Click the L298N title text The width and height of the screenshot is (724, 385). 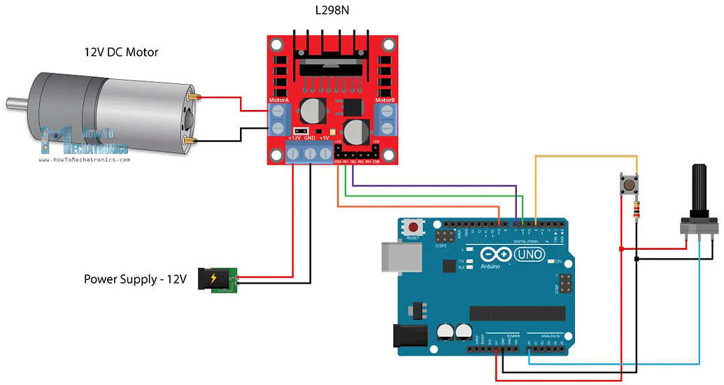coord(332,11)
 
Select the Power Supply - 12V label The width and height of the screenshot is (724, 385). coord(136,279)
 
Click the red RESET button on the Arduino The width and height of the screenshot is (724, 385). coord(414,227)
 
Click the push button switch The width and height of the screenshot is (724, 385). coord(629,185)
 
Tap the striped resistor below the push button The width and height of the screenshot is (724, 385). coord(636,209)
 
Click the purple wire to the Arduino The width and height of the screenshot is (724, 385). coord(434,186)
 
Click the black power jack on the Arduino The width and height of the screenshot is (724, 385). coord(409,337)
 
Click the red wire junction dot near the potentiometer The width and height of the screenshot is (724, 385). coord(620,248)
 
